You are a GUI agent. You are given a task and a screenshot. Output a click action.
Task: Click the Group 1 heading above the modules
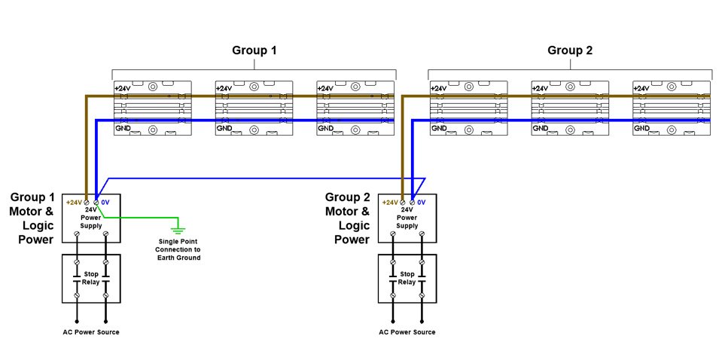[x=254, y=51]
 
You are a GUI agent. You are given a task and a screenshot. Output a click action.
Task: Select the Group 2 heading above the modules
[x=570, y=51]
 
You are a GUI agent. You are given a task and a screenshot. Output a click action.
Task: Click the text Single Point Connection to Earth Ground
[x=178, y=249]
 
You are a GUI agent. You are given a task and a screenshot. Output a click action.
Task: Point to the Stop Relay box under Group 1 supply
[x=91, y=279]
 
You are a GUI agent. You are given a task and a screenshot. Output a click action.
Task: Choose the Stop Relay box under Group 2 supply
[x=407, y=279]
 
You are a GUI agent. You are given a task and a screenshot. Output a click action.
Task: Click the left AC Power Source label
[x=90, y=332]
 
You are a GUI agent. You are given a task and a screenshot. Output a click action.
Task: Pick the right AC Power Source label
[x=407, y=332]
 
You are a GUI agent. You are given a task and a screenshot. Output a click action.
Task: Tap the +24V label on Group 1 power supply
[x=74, y=202]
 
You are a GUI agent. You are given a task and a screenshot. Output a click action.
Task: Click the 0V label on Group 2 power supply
[x=422, y=202]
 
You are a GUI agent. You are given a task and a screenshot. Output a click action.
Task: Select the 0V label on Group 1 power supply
[x=105, y=202]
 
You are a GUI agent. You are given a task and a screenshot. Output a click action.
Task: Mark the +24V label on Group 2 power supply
[x=390, y=202]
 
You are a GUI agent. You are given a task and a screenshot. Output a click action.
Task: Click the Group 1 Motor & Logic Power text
[x=32, y=218]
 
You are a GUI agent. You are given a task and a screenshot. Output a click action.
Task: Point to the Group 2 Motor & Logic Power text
[x=347, y=218]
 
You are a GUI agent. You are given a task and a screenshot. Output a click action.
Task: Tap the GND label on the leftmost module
[x=122, y=130]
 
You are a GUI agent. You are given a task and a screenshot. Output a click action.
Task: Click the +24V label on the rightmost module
[x=641, y=89]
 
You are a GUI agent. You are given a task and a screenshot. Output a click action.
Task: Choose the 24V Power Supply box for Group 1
[x=91, y=215]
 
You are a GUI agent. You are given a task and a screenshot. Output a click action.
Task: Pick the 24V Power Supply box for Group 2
[x=407, y=215]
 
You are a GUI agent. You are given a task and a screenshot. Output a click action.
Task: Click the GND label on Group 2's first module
[x=438, y=130]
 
